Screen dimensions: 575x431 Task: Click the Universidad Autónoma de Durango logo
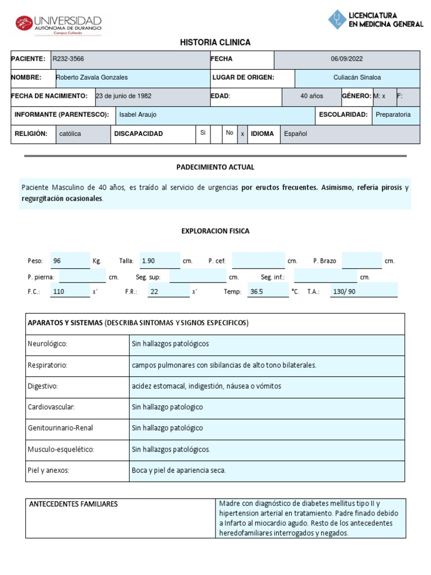[x=58, y=24]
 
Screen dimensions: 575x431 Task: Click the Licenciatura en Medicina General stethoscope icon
[x=337, y=20]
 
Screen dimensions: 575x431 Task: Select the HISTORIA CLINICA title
[x=215, y=43]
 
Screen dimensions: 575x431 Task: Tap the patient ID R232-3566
[x=68, y=59]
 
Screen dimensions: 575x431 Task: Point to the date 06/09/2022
[x=347, y=59]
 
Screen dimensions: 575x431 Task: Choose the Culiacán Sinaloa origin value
[x=357, y=77]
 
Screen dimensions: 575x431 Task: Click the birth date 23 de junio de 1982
[x=123, y=96]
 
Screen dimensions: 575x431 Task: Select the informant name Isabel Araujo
[x=138, y=115]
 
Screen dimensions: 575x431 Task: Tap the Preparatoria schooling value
[x=393, y=115]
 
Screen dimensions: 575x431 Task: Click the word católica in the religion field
[x=70, y=134]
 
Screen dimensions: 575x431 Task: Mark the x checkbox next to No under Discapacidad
[x=242, y=134]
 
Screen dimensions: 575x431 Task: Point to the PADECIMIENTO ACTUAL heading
[x=215, y=167]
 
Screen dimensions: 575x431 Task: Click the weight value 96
[x=57, y=261]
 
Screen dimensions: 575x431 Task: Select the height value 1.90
[x=148, y=261]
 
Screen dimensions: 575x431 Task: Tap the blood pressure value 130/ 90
[x=344, y=292]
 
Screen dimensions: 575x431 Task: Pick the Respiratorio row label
[x=47, y=365]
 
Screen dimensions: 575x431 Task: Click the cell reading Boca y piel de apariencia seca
[x=178, y=471]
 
